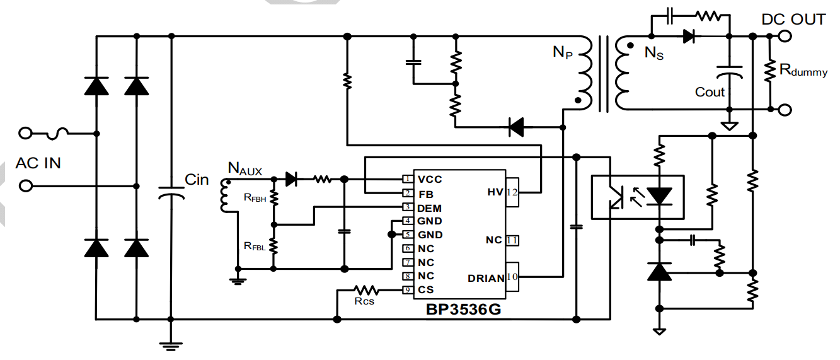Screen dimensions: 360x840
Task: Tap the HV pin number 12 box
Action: coord(512,192)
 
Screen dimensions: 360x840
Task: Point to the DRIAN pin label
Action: coord(486,278)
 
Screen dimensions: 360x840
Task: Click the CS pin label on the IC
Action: coord(426,290)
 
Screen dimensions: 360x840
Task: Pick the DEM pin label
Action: coord(429,207)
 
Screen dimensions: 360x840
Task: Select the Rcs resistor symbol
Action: coord(365,290)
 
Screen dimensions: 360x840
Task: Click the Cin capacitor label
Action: coord(196,180)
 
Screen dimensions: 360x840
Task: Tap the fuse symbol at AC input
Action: coord(58,133)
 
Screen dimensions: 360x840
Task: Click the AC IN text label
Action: coord(38,163)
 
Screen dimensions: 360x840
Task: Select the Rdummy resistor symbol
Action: coord(769,70)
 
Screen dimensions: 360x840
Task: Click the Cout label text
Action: coord(710,92)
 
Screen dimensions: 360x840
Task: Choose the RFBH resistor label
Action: coord(255,197)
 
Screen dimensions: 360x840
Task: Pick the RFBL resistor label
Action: coord(255,246)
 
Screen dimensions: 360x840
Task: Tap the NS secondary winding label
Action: coord(653,54)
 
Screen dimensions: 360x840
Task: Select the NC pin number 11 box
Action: coord(512,240)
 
